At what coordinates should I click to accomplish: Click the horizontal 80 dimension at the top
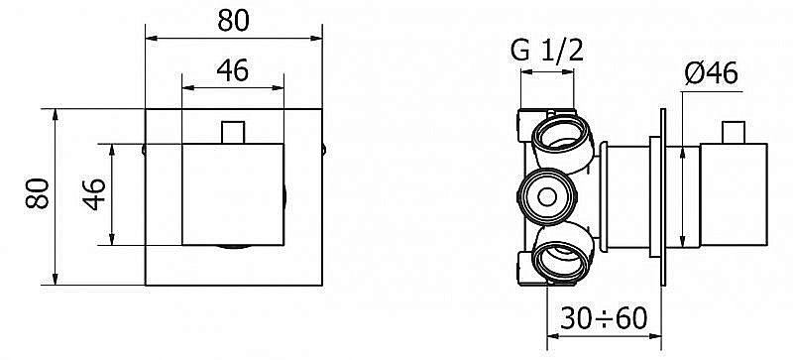(x=233, y=21)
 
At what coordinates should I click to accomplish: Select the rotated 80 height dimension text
(x=38, y=193)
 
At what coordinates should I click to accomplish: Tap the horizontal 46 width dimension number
(x=233, y=70)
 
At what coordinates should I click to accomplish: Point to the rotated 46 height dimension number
(x=94, y=194)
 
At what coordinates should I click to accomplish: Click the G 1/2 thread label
(x=547, y=52)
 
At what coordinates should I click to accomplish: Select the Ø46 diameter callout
(x=712, y=74)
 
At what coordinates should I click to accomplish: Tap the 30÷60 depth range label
(x=604, y=318)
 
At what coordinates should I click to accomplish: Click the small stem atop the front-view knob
(x=233, y=132)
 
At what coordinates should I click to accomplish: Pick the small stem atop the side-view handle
(x=734, y=133)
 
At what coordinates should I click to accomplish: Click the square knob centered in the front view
(x=233, y=195)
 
